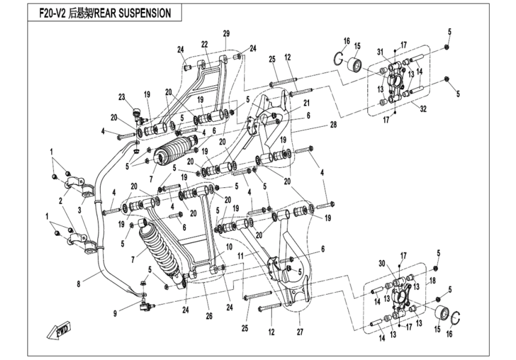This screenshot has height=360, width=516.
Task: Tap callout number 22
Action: click(204, 44)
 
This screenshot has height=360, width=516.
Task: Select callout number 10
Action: click(228, 246)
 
